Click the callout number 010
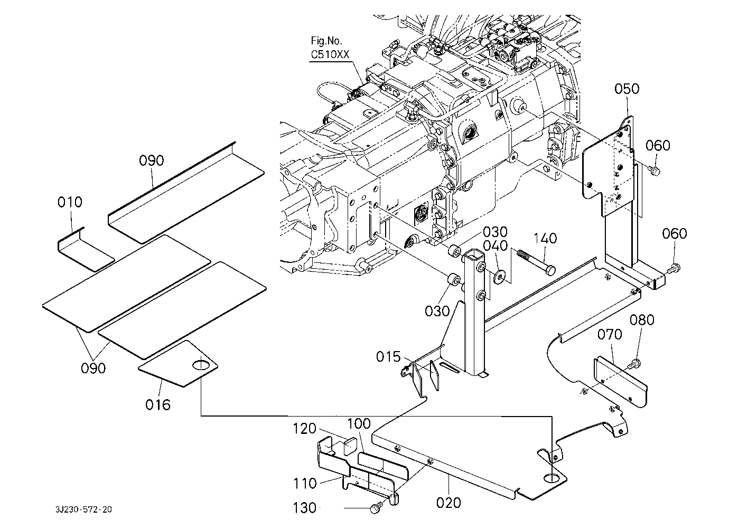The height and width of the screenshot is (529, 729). click(x=70, y=202)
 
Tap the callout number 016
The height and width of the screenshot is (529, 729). click(x=158, y=405)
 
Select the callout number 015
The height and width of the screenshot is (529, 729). click(x=388, y=357)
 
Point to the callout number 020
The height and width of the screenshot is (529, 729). click(x=449, y=502)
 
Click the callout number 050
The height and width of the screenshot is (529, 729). click(x=627, y=89)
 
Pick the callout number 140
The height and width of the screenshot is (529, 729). click(x=545, y=239)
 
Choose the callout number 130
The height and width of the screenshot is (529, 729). click(x=305, y=508)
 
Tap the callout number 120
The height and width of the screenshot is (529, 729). click(x=305, y=428)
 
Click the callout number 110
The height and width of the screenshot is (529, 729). click(x=305, y=483)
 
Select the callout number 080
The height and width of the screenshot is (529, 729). click(x=642, y=320)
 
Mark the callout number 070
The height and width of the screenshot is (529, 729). click(x=610, y=335)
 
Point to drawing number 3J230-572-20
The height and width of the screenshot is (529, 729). click(x=83, y=509)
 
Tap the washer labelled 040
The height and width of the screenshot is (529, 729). click(x=499, y=275)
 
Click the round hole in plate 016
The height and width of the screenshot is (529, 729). click(x=201, y=364)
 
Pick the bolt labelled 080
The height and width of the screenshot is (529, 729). click(x=634, y=364)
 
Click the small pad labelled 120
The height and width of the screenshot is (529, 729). click(x=350, y=447)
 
